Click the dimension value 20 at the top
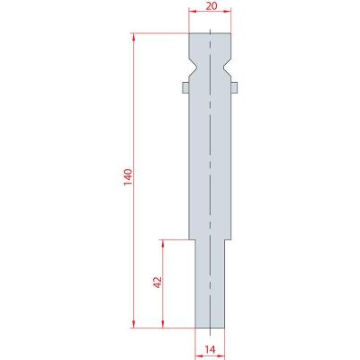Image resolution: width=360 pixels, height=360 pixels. pos(211,5)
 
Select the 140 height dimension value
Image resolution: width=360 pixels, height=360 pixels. pos(128,177)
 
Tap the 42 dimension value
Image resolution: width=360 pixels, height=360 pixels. pos(157,283)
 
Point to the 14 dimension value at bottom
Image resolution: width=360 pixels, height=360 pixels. pos(211,349)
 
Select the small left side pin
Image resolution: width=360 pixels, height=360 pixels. pos(185,87)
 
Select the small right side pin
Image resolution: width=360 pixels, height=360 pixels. pos(234,87)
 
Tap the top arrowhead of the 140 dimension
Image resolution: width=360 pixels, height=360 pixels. pos(133,37)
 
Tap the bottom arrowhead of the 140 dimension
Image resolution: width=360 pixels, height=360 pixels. pos(133,324)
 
